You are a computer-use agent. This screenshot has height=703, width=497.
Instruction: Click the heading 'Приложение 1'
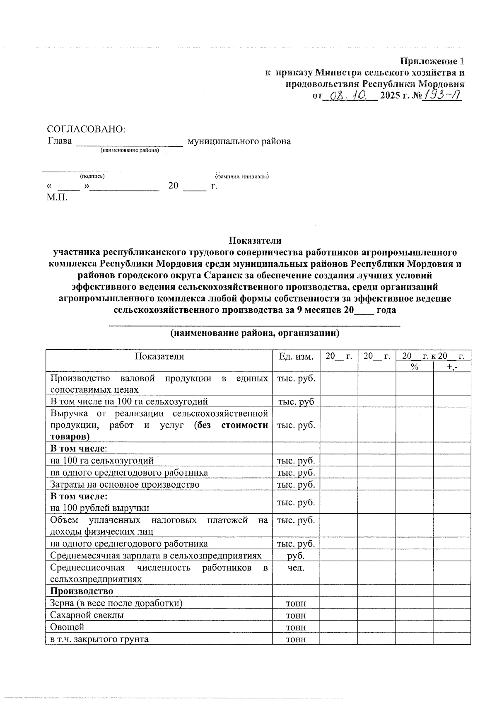[x=432, y=61]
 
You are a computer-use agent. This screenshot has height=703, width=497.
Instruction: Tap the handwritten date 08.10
[x=349, y=96]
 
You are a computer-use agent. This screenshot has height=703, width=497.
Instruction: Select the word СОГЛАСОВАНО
[x=86, y=129]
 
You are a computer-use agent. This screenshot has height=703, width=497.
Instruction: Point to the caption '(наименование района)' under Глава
[x=130, y=150]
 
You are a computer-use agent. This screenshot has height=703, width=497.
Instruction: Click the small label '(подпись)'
[x=92, y=176]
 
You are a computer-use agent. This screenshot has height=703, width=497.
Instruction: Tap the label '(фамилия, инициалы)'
[x=241, y=176]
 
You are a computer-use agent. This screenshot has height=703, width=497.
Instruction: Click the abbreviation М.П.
[x=57, y=197]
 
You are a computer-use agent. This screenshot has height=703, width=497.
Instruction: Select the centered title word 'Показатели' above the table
[x=255, y=241]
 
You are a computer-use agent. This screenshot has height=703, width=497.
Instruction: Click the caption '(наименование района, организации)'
[x=255, y=333]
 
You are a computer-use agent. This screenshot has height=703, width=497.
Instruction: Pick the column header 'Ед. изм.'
[x=296, y=356]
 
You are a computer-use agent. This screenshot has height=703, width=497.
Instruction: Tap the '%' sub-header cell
[x=414, y=367]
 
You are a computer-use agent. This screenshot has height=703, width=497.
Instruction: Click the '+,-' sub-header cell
[x=452, y=367]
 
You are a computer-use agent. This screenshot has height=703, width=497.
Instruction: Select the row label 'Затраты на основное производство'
[x=125, y=484]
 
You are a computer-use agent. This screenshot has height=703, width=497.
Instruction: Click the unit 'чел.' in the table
[x=296, y=568]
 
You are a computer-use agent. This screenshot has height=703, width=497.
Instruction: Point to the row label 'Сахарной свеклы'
[x=87, y=615]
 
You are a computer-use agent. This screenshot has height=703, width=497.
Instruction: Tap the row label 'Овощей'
[x=67, y=627]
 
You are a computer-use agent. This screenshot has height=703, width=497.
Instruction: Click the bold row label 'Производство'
[x=82, y=591]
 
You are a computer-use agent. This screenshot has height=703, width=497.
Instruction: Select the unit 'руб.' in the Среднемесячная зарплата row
[x=296, y=556]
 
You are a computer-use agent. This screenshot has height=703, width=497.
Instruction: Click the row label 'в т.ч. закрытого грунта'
[x=99, y=639]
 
